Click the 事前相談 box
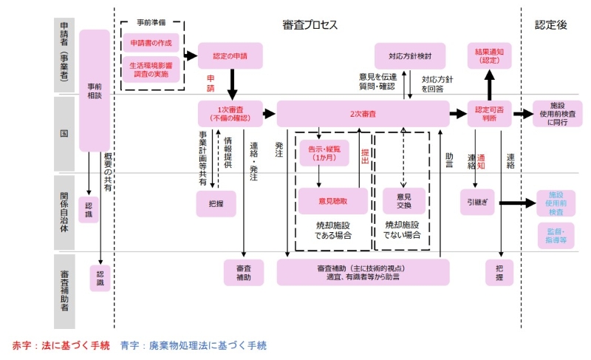point(95,90)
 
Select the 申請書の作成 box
point(151,43)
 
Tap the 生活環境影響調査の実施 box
point(151,69)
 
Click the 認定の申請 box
point(230,55)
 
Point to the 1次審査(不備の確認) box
point(230,114)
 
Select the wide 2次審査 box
point(363,114)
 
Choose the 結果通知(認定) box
point(490,55)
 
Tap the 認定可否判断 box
point(490,114)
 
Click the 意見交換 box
point(403,201)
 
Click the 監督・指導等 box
point(556,235)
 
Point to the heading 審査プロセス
point(310,25)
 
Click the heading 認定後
point(550,25)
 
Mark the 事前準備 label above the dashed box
point(151,24)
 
